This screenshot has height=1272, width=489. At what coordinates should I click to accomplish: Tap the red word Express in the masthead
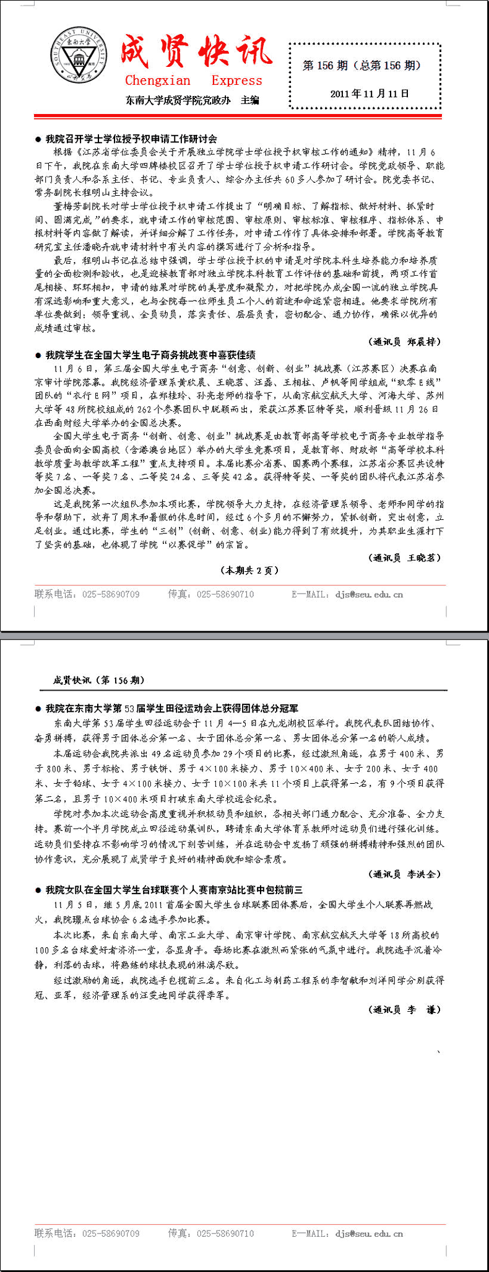(236, 81)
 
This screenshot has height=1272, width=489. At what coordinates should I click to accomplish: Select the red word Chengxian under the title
(158, 81)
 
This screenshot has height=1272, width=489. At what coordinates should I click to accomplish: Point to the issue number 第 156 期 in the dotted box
(326, 66)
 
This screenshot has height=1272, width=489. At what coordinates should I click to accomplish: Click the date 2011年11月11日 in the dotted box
(370, 94)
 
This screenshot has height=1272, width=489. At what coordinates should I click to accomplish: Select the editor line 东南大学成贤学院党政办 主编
(192, 100)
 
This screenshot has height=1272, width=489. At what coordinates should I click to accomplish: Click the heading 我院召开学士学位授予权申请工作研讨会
(131, 139)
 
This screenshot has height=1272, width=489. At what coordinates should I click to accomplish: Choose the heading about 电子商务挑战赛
(150, 355)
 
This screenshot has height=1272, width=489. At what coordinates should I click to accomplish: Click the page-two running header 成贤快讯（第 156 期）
(99, 680)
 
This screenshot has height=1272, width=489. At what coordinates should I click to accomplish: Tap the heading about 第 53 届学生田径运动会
(171, 708)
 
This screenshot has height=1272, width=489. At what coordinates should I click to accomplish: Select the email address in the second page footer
(369, 1234)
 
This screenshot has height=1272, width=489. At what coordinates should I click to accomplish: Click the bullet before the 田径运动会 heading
(38, 708)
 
